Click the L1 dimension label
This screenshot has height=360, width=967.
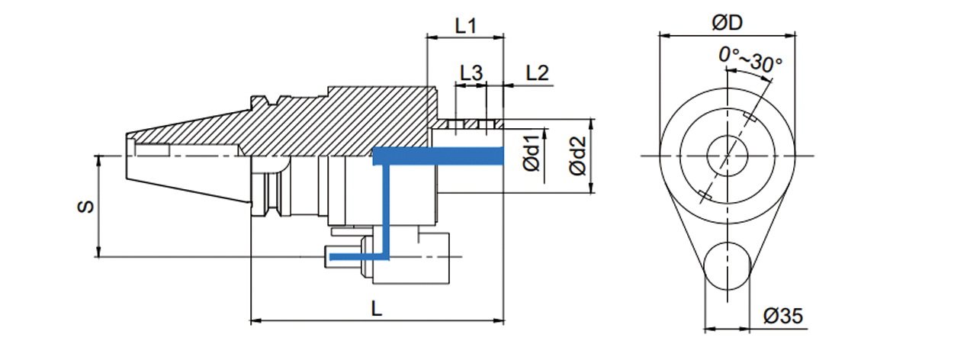tap(465, 25)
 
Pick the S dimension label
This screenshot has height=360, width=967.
tap(88, 207)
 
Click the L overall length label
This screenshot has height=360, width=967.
tap(377, 309)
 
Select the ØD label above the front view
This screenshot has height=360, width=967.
tap(727, 23)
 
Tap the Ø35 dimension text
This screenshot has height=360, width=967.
tap(782, 316)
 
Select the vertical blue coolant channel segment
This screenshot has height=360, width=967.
tap(385, 206)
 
